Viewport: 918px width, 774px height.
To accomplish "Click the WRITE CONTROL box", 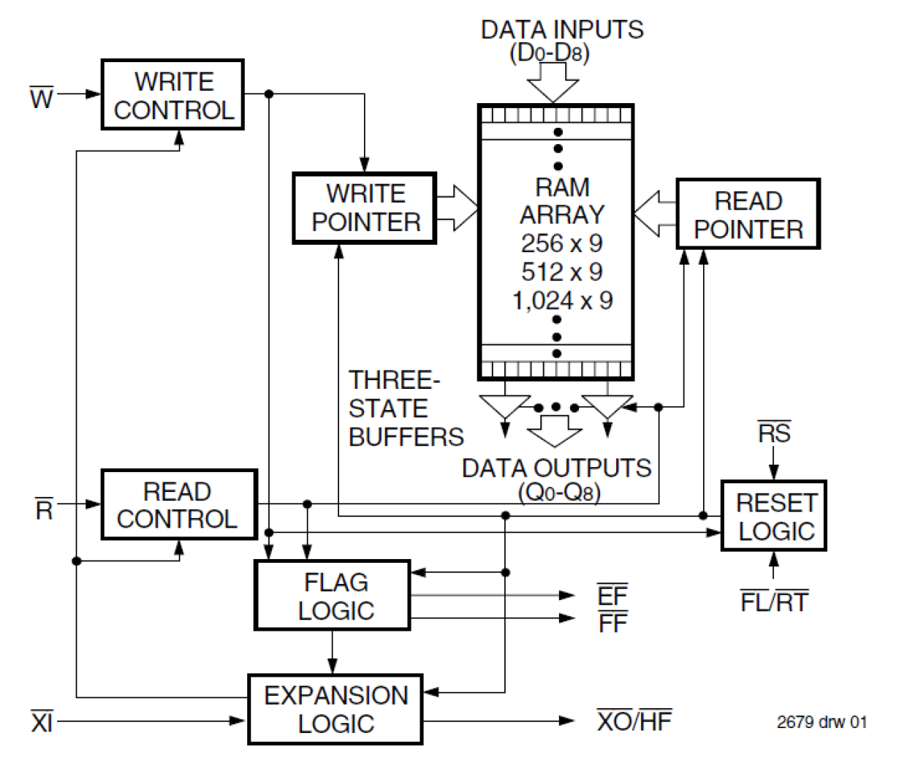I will [172, 95].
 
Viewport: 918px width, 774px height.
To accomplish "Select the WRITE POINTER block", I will [365, 208].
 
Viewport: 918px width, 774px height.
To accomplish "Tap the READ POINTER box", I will [748, 214].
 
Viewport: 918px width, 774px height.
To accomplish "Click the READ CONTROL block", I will [178, 504].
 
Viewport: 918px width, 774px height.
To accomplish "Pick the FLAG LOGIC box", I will [333, 595].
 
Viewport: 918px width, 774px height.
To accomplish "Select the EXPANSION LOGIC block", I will [335, 709].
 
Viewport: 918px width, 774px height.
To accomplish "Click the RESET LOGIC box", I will [773, 516].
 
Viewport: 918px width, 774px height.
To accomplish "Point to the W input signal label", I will [42, 96].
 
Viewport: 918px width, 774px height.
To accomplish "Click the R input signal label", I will [44, 508].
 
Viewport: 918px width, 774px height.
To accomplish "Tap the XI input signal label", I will [42, 722].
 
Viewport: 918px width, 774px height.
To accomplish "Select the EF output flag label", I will [612, 596].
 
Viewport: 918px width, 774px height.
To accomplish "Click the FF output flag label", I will [612, 623].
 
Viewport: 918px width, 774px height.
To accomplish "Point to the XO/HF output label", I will [634, 721].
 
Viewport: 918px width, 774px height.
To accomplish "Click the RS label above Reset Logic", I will [773, 433].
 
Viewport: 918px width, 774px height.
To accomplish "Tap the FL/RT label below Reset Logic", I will [773, 602].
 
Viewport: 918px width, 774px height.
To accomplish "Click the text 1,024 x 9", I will [562, 300].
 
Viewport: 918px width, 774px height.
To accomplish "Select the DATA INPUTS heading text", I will [561, 30].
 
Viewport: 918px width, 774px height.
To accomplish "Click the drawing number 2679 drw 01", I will [822, 722].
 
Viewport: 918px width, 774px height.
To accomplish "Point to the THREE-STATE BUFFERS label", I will [405, 409].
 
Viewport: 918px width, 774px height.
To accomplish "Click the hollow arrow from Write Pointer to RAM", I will [458, 208].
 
